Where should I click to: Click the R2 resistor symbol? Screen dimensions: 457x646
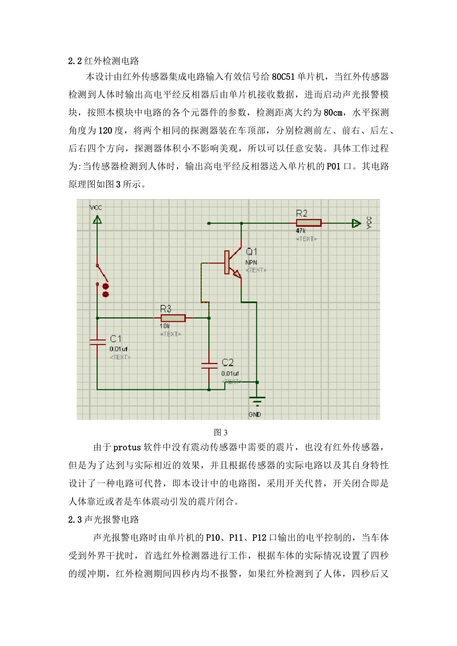[308, 223]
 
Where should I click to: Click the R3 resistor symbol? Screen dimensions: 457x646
[173, 318]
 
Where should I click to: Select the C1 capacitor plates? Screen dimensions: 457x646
[98, 342]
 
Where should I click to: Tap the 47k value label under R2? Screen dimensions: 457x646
[301, 231]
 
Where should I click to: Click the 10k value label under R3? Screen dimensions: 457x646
[165, 326]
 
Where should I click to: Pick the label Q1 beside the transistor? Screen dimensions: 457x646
[252, 251]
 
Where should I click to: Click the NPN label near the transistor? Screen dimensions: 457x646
[251, 262]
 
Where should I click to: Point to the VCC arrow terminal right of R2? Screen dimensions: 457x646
[356, 223]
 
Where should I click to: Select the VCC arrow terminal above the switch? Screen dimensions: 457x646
[97, 220]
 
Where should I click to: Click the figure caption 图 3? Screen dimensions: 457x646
[221, 432]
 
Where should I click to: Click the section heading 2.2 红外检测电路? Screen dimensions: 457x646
[103, 61]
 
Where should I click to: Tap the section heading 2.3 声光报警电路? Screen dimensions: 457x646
[103, 520]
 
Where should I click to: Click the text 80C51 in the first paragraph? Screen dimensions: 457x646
[283, 77]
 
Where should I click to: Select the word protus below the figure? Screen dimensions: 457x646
[127, 447]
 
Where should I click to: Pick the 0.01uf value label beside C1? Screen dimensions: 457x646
[119, 349]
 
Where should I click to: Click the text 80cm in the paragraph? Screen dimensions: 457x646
[333, 113]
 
